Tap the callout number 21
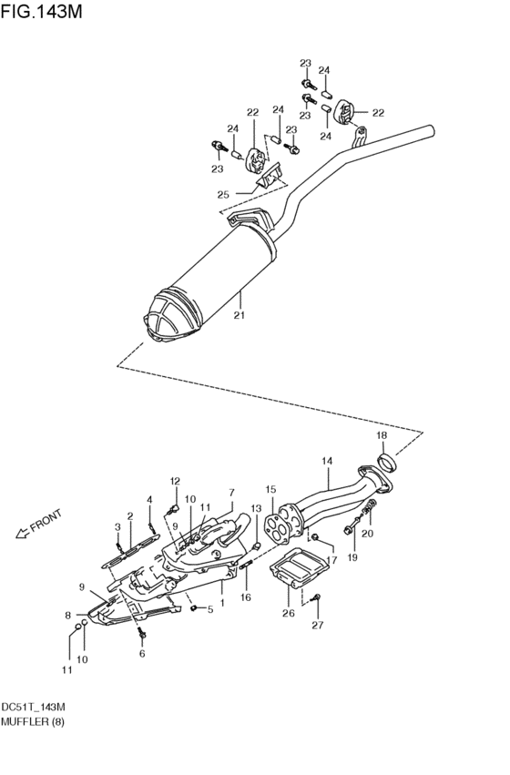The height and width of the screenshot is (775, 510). (240, 315)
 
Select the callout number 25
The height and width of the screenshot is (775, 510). (223, 194)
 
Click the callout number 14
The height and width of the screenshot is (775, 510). (327, 461)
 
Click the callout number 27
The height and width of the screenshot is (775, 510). (317, 626)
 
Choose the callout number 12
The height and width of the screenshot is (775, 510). (175, 481)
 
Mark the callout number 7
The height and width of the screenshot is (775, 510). (232, 492)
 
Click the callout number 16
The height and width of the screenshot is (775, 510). (246, 597)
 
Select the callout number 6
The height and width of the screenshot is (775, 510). (142, 654)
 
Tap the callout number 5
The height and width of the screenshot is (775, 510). (209, 609)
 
